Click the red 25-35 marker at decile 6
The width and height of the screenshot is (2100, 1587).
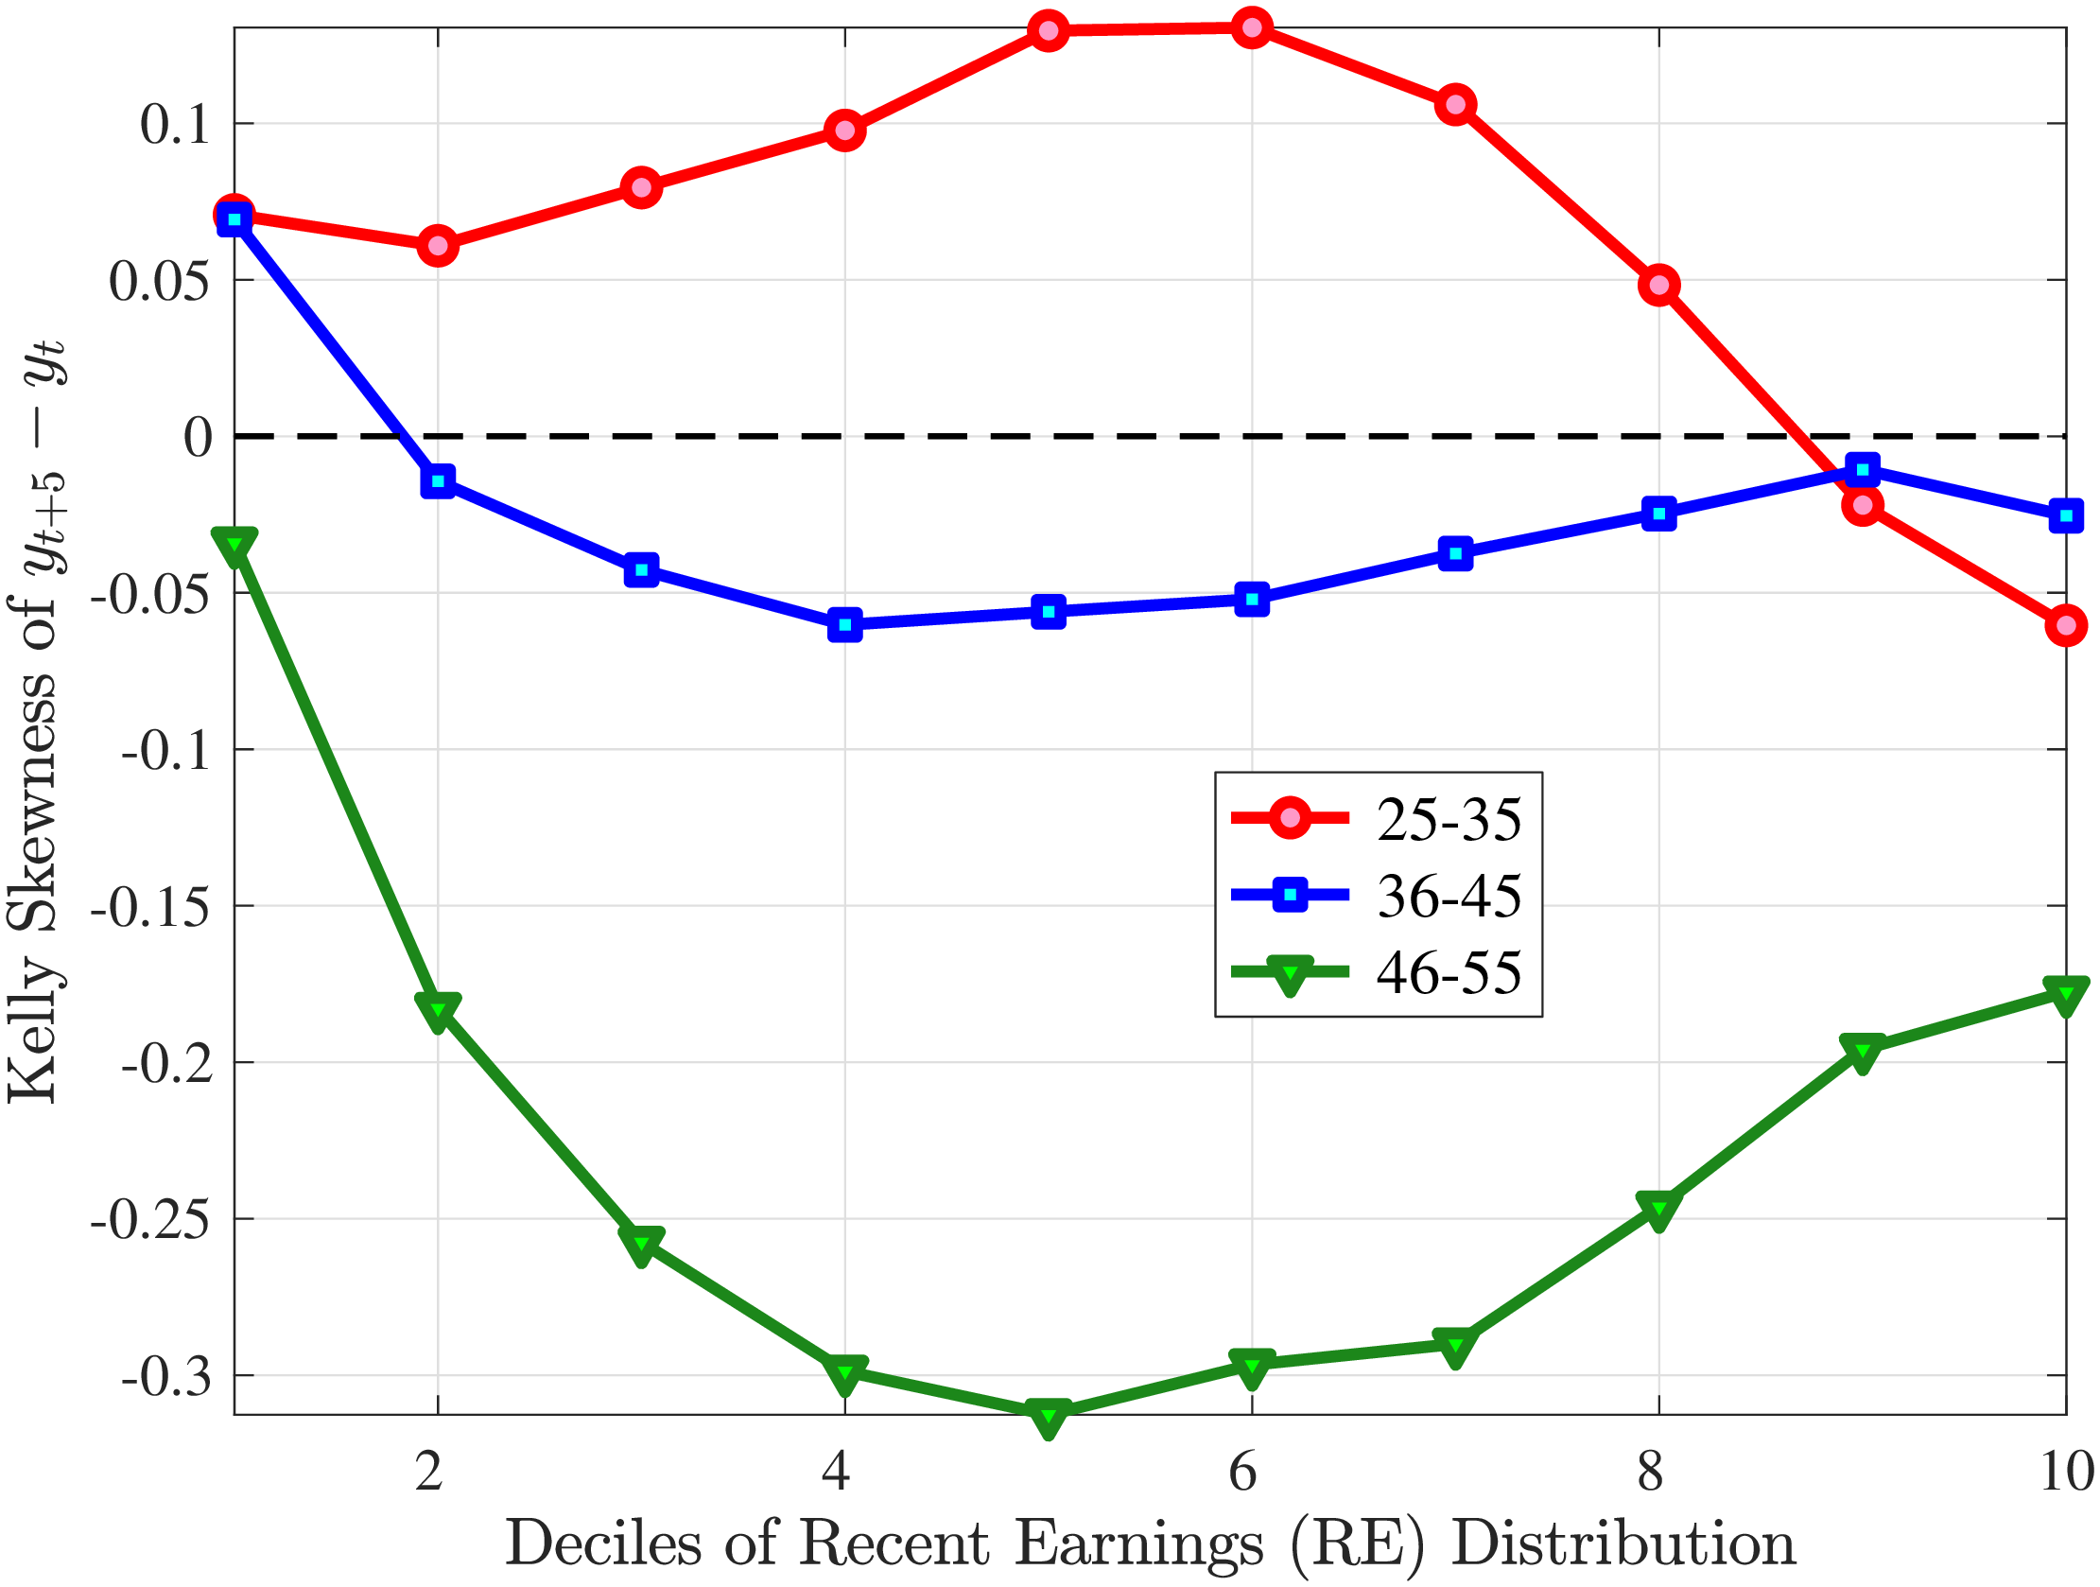pos(1252,28)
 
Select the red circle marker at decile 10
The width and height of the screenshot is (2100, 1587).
pos(2066,626)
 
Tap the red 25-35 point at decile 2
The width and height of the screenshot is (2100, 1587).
pos(438,246)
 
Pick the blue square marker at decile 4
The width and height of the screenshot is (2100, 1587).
pos(845,625)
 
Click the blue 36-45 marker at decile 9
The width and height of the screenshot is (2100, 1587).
pos(1863,469)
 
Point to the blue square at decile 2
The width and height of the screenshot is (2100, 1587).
pos(438,481)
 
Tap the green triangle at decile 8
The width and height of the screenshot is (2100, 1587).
pos(1658,1209)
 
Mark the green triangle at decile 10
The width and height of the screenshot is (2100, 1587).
pos(2066,994)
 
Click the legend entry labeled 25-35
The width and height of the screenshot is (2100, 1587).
pos(1449,819)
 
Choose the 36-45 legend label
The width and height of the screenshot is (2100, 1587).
pos(1449,896)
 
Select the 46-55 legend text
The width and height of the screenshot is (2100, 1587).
pos(1449,972)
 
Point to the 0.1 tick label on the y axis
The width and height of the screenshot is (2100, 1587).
pos(175,125)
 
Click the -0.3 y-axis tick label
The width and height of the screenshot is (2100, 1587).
pos(166,1376)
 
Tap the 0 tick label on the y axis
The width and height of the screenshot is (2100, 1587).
pos(198,438)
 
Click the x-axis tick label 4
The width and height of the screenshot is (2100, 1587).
pos(836,1471)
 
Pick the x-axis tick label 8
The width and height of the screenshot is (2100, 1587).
pos(1650,1471)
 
